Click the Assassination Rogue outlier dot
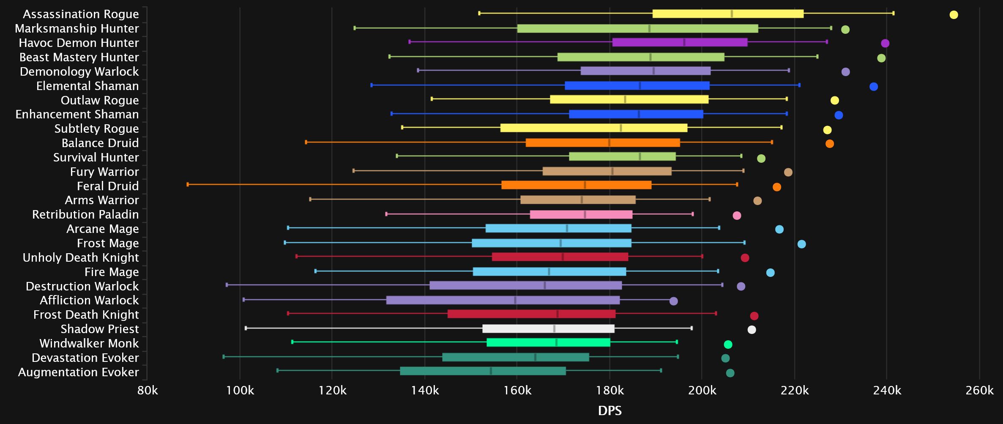(954, 15)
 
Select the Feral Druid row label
(107, 186)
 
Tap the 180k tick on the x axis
(609, 390)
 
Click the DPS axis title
(609, 410)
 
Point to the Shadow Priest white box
(548, 329)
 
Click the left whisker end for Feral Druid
(188, 184)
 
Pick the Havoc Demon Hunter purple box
(680, 42)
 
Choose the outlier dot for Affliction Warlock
(674, 301)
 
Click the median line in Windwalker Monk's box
(556, 342)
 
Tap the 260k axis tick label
(979, 390)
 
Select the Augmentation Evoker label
(78, 372)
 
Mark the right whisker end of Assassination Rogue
(893, 13)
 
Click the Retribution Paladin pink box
(581, 214)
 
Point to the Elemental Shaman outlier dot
(874, 87)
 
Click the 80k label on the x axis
(148, 390)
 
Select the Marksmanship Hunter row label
(77, 28)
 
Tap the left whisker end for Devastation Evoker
(224, 357)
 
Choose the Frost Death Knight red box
(531, 314)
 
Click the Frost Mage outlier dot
(801, 244)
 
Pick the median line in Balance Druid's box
(609, 143)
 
